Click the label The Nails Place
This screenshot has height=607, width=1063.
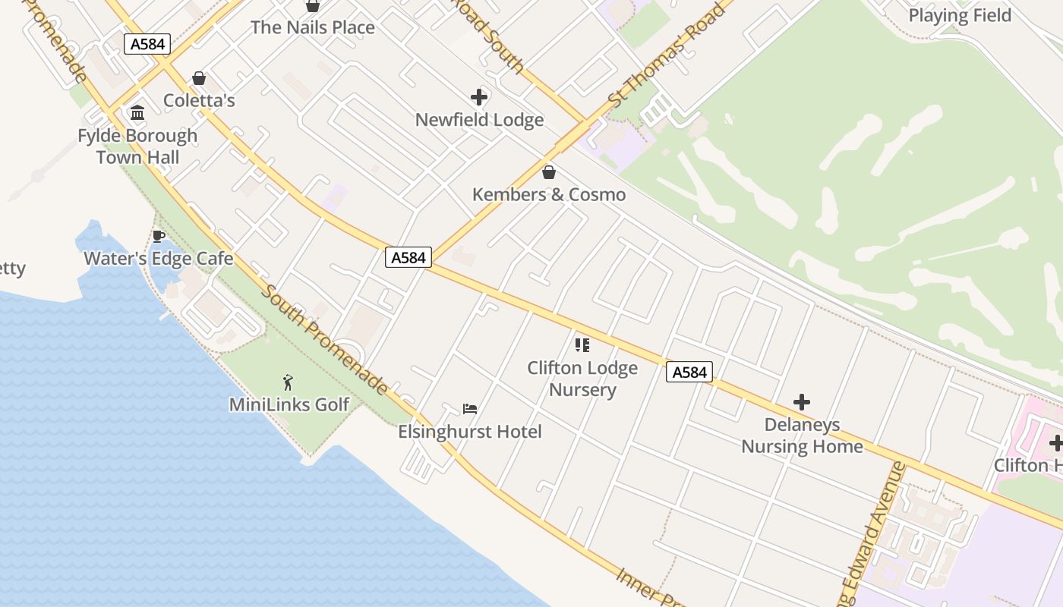coord(312,27)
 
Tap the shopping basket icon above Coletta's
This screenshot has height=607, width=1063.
coord(199,78)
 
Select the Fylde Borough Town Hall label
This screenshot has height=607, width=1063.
coord(137,146)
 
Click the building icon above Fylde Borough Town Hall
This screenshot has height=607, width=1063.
coord(137,113)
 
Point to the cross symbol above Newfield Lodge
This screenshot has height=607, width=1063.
coord(479,97)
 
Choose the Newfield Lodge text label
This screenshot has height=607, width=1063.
coord(479,120)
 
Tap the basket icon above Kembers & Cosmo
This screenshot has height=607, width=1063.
coord(549,172)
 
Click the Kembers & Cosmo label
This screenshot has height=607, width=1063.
coord(549,194)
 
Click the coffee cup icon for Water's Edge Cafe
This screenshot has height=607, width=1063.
coord(159,236)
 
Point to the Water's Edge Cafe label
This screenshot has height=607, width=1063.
coord(159,258)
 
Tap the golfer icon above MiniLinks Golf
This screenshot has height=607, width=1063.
coord(288,382)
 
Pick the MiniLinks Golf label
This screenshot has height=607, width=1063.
coord(289,404)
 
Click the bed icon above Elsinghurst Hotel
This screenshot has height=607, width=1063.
coord(470,409)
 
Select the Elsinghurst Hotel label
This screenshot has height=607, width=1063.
coord(470,432)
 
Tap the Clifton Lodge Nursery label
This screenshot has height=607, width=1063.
coord(582,379)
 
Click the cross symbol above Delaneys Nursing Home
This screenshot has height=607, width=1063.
coord(802,402)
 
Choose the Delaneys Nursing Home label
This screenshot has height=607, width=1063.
coord(802,435)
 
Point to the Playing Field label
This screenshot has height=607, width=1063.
coord(960,15)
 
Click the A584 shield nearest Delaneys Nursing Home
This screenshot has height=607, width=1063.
coord(689,372)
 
